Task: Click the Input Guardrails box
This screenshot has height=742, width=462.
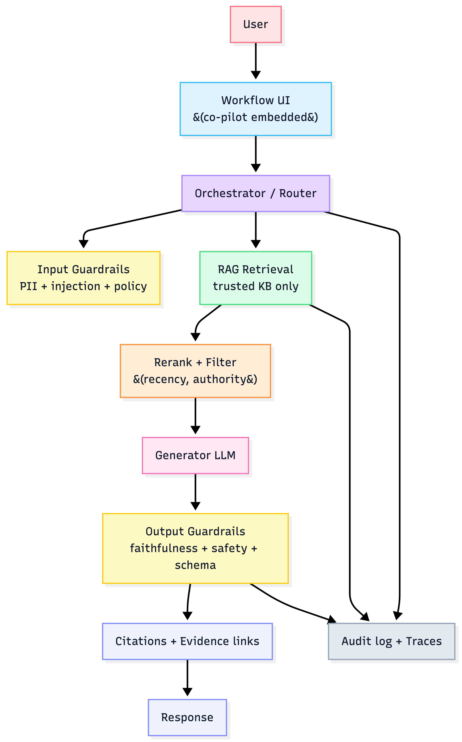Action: pos(83,278)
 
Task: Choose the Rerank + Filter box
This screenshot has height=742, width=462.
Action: pos(195,371)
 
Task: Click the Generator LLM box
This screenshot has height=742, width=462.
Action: pos(195,455)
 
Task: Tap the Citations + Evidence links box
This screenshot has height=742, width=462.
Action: pos(187,641)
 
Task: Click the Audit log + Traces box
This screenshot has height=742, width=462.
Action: pos(391,641)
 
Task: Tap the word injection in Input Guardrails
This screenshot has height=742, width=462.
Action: pos(75,286)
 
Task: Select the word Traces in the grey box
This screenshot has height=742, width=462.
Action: pos(424,641)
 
